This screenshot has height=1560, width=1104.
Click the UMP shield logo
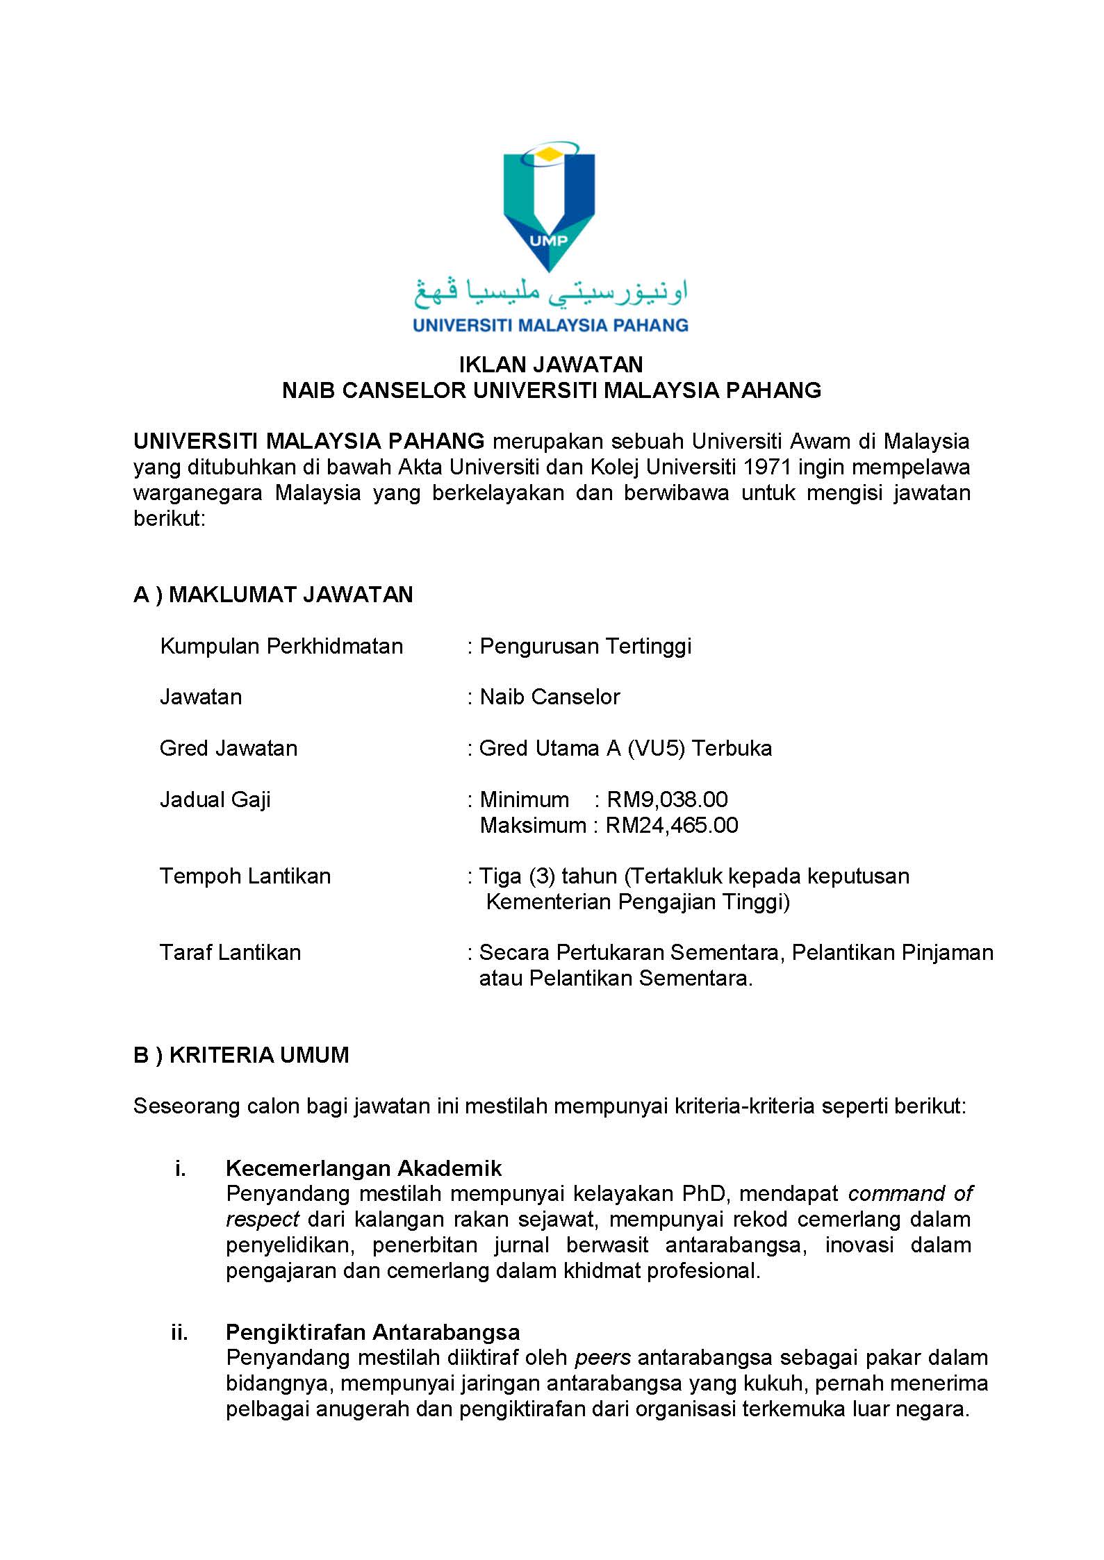(x=549, y=208)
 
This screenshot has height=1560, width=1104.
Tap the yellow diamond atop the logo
(x=549, y=154)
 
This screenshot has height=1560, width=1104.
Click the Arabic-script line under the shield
(x=550, y=292)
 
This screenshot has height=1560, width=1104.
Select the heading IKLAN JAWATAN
(x=551, y=365)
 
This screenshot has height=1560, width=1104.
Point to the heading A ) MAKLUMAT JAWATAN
(x=273, y=595)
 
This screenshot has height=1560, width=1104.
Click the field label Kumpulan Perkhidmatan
(x=281, y=646)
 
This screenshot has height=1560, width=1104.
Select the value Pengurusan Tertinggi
(x=585, y=646)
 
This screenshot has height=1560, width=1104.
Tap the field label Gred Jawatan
(x=229, y=748)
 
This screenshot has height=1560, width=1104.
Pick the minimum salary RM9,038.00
(x=667, y=799)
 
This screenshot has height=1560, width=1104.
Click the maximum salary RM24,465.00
(x=672, y=825)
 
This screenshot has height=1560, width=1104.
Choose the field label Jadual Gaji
(x=215, y=799)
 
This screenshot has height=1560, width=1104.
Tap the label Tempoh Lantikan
(x=245, y=876)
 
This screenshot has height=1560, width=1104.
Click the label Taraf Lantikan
(x=231, y=952)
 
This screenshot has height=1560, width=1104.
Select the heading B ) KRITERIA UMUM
(x=241, y=1055)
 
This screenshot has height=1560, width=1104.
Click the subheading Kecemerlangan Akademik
(x=363, y=1168)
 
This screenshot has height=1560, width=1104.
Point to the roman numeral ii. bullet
(x=179, y=1331)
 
